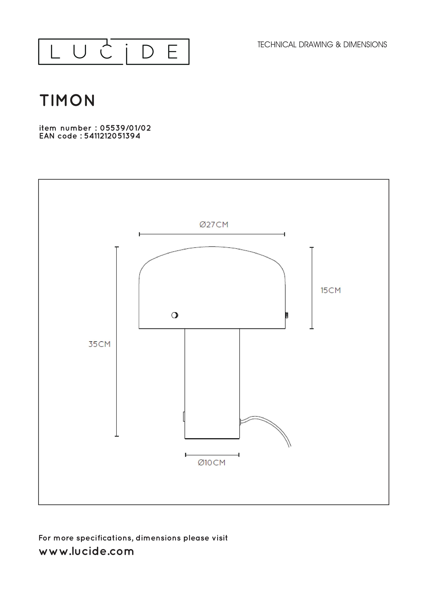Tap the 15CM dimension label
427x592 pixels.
click(330, 290)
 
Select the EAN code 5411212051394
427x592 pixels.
click(112, 136)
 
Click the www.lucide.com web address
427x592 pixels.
click(86, 551)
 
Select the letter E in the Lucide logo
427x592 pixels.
click(173, 52)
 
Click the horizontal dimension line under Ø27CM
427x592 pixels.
click(212, 234)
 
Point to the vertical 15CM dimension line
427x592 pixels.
click(311, 288)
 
